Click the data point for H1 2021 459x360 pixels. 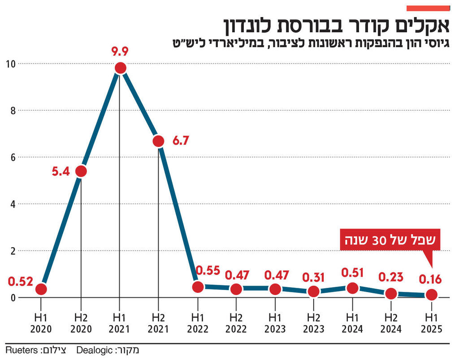tap(120, 68)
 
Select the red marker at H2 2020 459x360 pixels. tap(81, 171)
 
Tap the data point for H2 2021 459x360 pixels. tap(158, 141)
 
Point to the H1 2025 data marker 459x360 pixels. tap(431, 295)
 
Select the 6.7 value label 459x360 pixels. tap(181, 141)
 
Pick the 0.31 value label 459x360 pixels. tap(314, 276)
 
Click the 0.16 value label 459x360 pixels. tap(430, 280)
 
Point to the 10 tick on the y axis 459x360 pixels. tap(10, 64)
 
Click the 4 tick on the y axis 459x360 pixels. tap(13, 204)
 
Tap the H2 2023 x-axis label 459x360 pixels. tap(314, 323)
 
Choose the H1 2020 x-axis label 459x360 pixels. tap(41, 323)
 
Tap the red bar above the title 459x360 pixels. tap(428, 8)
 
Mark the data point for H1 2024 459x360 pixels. tap(353, 288)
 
